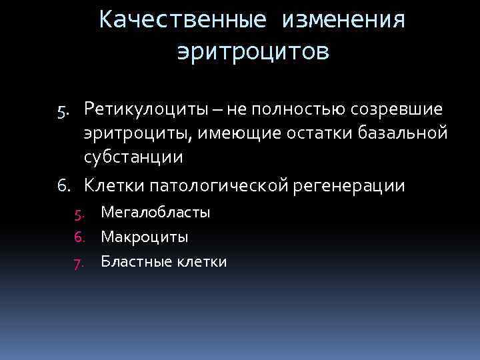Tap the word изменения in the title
click(343, 20)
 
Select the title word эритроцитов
click(253, 51)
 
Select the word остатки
click(325, 133)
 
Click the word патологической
click(219, 185)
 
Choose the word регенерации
click(349, 185)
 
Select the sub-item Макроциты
click(145, 237)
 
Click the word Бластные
click(134, 261)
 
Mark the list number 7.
click(79, 262)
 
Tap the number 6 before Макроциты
click(79, 237)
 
